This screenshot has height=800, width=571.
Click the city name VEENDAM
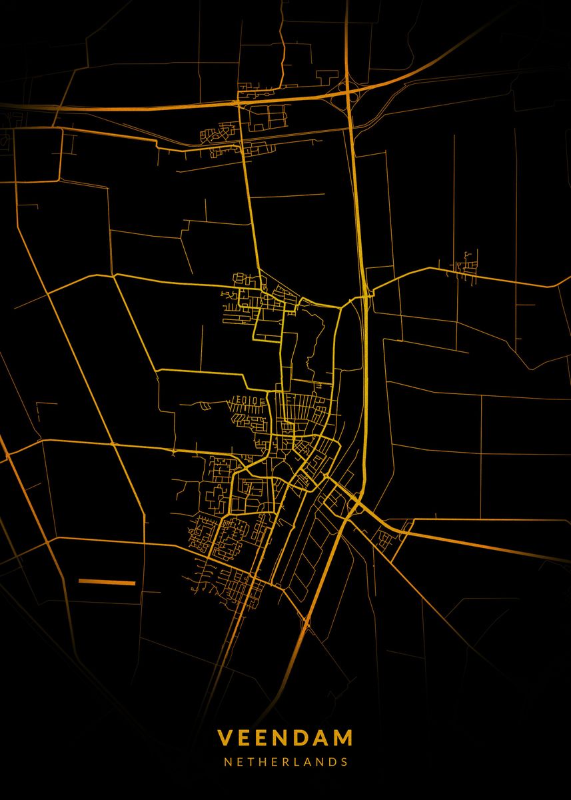285,738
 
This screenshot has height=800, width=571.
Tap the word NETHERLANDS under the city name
285,761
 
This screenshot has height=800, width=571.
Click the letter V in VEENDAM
225,738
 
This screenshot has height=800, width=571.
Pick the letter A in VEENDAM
320,738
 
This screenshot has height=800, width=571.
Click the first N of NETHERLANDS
228,761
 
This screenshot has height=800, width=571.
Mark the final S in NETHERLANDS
344,761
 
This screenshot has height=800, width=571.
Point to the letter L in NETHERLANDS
296,761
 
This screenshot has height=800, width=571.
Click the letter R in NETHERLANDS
285,761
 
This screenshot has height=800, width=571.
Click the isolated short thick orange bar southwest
107,582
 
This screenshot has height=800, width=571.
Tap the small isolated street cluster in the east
467,265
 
